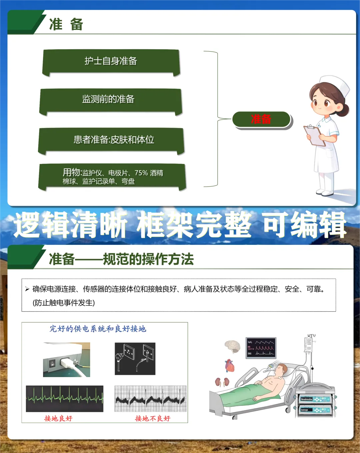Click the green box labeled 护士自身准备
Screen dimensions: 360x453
[111, 62]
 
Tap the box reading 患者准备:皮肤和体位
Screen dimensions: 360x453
[111, 141]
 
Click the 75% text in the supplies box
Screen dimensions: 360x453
[141, 173]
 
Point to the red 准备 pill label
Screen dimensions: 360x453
[261, 119]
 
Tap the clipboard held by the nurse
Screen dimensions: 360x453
[314, 135]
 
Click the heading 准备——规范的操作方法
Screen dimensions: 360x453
[121, 259]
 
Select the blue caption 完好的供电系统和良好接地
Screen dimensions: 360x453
[98, 329]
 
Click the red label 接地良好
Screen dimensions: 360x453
[58, 418]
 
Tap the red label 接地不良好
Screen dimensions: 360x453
[153, 418]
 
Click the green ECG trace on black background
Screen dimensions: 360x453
[65, 398]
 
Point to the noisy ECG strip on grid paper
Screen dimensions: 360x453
[150, 398]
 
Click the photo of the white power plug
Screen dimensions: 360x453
[67, 359]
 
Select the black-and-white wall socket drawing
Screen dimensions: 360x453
[135, 358]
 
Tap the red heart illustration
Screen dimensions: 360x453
[230, 366]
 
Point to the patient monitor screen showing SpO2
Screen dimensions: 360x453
[261, 348]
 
